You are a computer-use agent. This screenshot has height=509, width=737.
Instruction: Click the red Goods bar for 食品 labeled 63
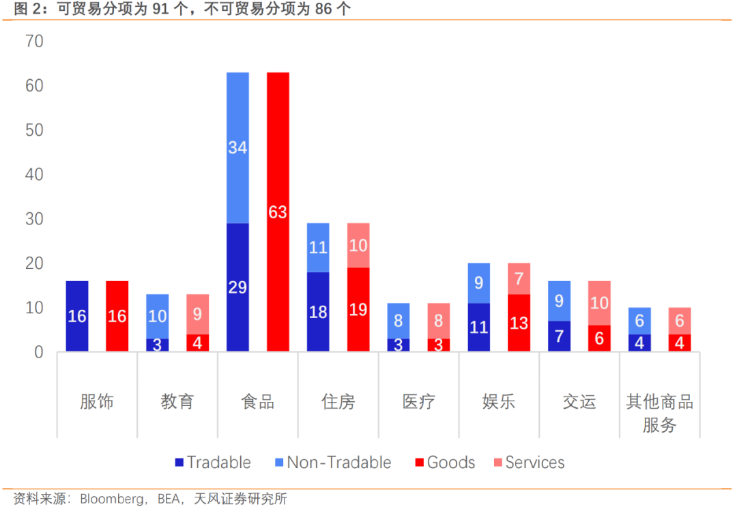click(278, 212)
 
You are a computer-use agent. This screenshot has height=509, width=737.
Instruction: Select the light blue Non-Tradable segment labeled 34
click(237, 147)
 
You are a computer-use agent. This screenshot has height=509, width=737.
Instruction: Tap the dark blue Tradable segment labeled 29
click(237, 287)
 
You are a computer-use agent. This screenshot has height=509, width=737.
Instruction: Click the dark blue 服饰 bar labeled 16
click(77, 316)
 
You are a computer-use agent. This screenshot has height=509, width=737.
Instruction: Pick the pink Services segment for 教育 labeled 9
click(197, 315)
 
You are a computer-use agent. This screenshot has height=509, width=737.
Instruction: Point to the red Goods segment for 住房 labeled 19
click(358, 309)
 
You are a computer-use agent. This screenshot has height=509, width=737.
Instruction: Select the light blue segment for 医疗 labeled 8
click(399, 321)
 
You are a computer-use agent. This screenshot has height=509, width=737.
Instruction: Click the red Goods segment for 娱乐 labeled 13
click(519, 323)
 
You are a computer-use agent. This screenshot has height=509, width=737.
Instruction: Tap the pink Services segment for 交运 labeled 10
click(600, 302)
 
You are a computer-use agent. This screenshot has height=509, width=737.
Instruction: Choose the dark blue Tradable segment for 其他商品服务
click(640, 343)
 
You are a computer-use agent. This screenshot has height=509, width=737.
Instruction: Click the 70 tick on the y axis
click(33, 42)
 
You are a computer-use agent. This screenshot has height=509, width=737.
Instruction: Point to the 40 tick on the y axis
click(33, 175)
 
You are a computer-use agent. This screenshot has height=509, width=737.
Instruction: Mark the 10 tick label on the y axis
click(33, 308)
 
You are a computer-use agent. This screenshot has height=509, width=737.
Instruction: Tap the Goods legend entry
click(444, 463)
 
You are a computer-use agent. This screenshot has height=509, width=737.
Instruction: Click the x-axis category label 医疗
click(418, 401)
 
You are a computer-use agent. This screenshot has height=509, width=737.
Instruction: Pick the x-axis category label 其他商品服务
click(659, 413)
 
